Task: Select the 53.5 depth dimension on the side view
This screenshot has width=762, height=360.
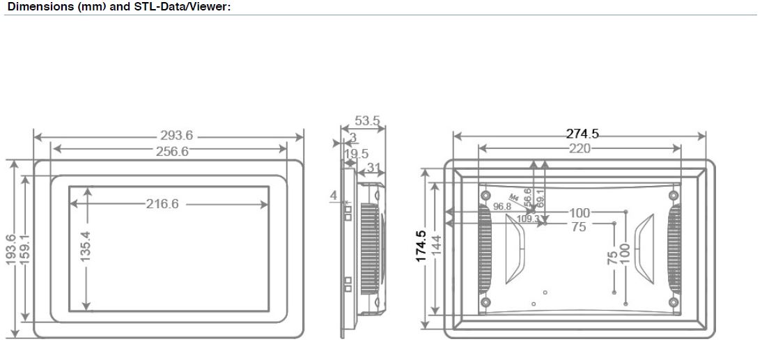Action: point(367,121)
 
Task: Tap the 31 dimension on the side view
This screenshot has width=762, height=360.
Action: point(373,167)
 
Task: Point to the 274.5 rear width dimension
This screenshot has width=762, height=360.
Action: point(582,134)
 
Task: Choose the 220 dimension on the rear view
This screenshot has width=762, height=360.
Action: point(580,148)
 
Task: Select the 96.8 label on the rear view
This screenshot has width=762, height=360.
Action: point(502,206)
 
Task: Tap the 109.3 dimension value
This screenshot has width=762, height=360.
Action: point(528,219)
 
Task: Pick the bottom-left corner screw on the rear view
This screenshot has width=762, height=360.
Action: point(486,302)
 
